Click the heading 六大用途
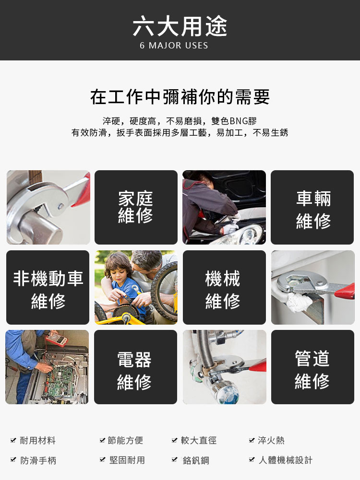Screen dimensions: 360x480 [180, 26]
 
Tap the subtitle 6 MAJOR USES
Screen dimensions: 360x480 [174, 46]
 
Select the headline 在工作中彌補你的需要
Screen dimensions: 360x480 [180, 97]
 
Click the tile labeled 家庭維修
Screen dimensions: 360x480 [136, 207]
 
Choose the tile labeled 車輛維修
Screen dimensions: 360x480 [312, 207]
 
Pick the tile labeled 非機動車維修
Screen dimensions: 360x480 [48, 287]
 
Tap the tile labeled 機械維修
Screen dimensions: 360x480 [224, 287]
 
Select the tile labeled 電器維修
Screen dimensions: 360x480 [135, 367]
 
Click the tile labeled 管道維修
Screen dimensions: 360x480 [312, 367]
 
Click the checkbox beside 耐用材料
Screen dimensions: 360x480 [13, 441]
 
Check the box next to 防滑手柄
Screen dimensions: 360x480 [13, 460]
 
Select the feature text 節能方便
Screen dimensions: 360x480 [125, 441]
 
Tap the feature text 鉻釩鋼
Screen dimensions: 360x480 [196, 460]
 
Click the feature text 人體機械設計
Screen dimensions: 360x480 [285, 460]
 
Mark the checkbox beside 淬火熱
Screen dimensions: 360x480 [252, 441]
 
